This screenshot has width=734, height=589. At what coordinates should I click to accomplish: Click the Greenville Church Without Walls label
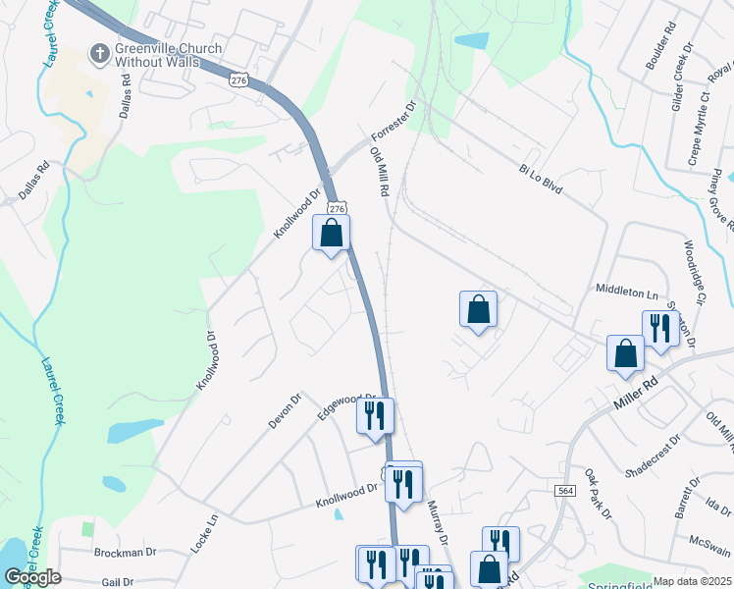[x=169, y=55]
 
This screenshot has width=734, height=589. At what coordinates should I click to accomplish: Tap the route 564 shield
[x=564, y=490]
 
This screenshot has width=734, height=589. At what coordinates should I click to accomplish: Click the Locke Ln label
[x=204, y=533]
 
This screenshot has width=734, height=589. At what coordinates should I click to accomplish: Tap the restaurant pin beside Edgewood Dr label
[x=375, y=416]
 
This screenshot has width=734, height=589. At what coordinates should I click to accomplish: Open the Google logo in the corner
[x=32, y=576]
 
